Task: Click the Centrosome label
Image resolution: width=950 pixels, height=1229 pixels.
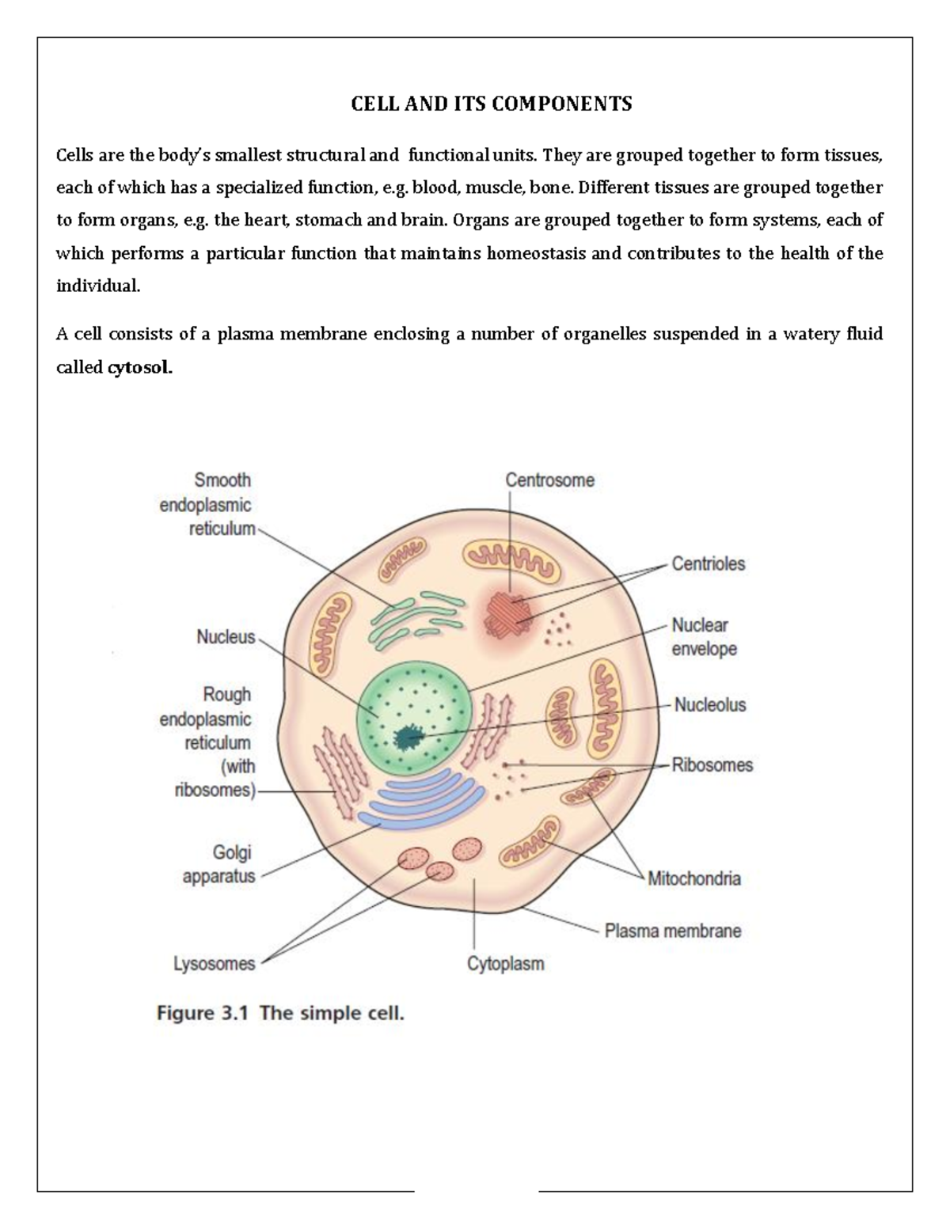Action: pyautogui.click(x=549, y=480)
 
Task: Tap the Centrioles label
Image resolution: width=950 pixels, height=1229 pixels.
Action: pyautogui.click(x=708, y=564)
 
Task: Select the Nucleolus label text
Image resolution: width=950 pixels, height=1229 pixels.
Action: pyautogui.click(x=709, y=705)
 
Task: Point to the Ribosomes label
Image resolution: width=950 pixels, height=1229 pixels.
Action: pyautogui.click(x=712, y=765)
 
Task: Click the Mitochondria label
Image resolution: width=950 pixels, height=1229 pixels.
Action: pyautogui.click(x=693, y=878)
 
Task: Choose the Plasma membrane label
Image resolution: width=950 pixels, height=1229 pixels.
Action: pyautogui.click(x=672, y=931)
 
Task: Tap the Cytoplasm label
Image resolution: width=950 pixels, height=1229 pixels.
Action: pyautogui.click(x=505, y=964)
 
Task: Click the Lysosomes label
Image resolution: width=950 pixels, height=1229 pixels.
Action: pyautogui.click(x=214, y=964)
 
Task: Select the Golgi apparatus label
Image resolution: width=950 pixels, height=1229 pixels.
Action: pyautogui.click(x=219, y=864)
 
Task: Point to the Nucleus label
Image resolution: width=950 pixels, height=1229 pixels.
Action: pyautogui.click(x=226, y=637)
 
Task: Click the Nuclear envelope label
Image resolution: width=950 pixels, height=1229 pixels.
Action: pyautogui.click(x=704, y=637)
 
